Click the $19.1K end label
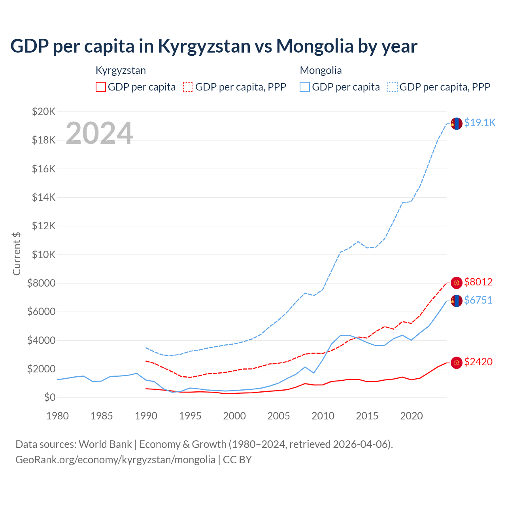pos(480,123)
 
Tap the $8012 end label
pos(478,282)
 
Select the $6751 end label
pos(478,300)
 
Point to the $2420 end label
pos(478,362)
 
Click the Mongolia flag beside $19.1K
pos(457,123)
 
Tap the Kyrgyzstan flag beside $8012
pos(457,283)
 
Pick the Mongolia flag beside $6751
pos(457,301)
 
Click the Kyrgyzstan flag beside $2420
pos(457,363)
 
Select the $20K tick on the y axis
pos(44,111)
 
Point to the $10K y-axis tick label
pos(44,255)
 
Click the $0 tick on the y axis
pos(50,397)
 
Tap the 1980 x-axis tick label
pos(58,416)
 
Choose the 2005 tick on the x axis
pos(279,416)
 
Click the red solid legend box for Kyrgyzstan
pos(101,87)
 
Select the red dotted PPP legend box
pos(188,87)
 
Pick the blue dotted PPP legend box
pos(393,87)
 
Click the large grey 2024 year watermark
pos(99,133)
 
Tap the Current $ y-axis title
pos(17,253)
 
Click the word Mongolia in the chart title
pos(315,46)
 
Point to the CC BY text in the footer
pos(237,460)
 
